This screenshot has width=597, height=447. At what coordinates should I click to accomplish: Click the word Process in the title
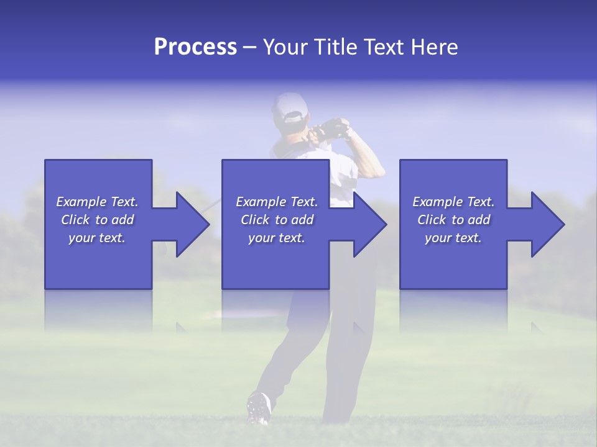(x=195, y=47)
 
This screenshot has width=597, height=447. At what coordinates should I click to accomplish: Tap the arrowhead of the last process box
(x=545, y=224)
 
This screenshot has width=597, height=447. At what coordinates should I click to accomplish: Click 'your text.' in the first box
(x=97, y=238)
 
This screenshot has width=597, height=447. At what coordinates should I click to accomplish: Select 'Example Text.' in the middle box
(x=277, y=202)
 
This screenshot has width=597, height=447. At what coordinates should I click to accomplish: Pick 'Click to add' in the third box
(x=454, y=220)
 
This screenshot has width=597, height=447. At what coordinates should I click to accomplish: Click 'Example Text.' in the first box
(x=97, y=202)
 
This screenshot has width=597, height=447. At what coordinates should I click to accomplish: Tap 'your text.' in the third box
(x=453, y=238)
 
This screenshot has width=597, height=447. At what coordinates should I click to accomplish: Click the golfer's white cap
(x=289, y=107)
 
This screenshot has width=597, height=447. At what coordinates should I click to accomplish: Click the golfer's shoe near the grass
(x=259, y=408)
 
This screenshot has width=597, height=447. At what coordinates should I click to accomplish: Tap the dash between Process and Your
(x=250, y=48)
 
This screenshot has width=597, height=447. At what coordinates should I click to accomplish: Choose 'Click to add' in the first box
(x=98, y=220)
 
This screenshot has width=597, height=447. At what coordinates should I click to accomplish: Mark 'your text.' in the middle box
(x=277, y=238)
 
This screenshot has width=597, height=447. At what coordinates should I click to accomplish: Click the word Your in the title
(x=284, y=47)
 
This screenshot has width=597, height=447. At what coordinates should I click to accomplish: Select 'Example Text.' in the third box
(x=453, y=202)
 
